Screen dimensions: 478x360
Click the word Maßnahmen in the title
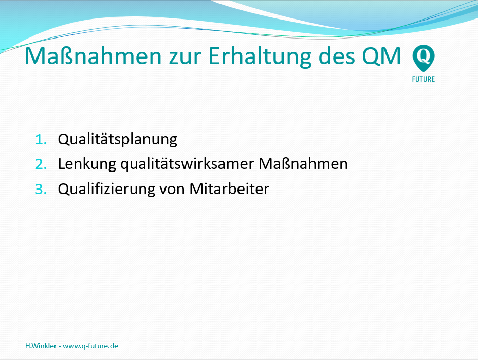[x=93, y=56]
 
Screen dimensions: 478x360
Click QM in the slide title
[x=381, y=56]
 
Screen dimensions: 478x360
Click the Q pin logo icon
[x=424, y=58]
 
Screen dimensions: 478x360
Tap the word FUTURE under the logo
[x=424, y=79]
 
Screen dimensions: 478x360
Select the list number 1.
[x=41, y=140]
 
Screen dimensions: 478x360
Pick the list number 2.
[x=41, y=164]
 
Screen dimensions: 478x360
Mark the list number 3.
[x=41, y=189]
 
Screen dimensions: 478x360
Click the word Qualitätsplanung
[x=117, y=140]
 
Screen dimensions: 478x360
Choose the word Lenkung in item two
[x=87, y=164]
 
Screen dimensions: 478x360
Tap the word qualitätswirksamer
[x=187, y=164]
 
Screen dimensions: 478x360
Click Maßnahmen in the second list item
[x=303, y=163]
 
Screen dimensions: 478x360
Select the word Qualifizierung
[x=106, y=190]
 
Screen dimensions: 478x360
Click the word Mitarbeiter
[x=229, y=189]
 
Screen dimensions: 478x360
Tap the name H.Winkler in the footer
[x=41, y=346]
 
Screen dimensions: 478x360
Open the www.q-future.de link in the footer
[x=90, y=346]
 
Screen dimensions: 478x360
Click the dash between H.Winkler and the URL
[x=60, y=346]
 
